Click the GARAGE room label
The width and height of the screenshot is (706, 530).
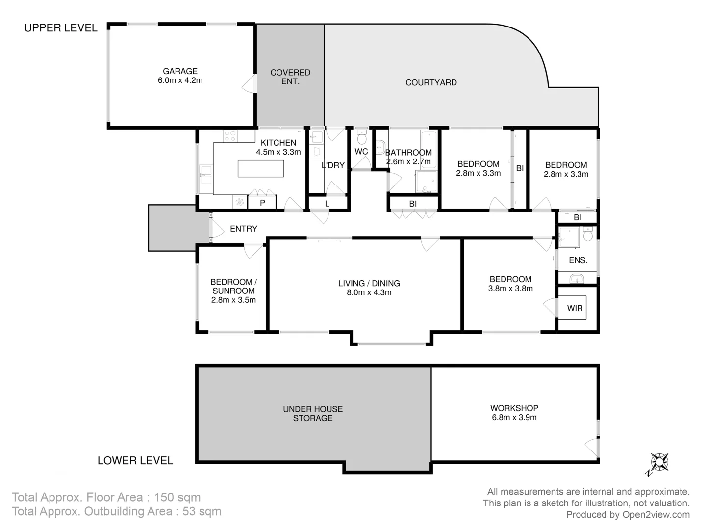coord(180,71)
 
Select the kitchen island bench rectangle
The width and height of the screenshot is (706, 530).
coord(261,168)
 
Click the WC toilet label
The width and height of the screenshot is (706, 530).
coord(361,152)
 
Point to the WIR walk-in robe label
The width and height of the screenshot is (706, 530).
coord(575,308)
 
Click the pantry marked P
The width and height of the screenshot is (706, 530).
coord(262,203)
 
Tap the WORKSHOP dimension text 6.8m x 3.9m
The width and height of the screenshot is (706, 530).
coord(514,418)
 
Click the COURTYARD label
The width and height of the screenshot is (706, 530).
coord(431,82)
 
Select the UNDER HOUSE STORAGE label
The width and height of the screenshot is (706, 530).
coord(313,413)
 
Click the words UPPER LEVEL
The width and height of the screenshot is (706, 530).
coord(61,28)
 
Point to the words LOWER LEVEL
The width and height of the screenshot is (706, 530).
coord(135,460)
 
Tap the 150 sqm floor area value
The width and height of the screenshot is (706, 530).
coord(177,497)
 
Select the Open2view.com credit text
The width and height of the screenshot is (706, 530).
coord(656,515)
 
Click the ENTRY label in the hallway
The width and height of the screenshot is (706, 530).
coord(243,229)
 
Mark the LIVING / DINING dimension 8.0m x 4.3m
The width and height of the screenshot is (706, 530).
coord(369,292)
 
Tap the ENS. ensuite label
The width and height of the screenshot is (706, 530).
coord(578,260)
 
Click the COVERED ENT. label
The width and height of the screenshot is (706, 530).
coord(290,77)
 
